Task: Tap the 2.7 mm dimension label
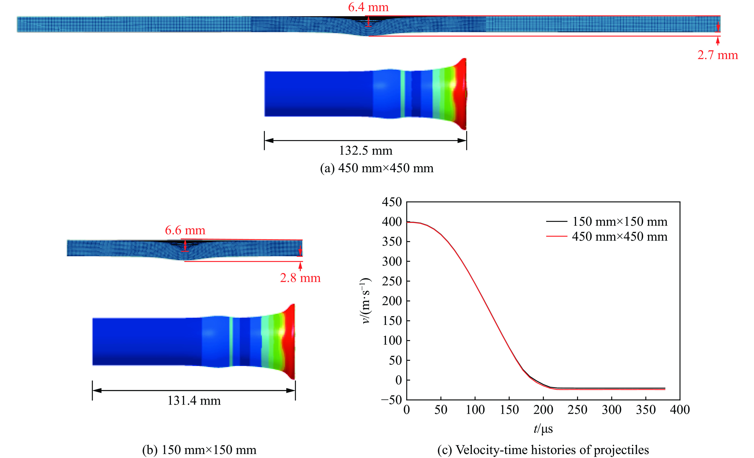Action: point(717,55)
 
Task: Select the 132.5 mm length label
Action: point(365,151)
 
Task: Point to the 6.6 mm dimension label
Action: point(185,230)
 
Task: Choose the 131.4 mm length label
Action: point(194,401)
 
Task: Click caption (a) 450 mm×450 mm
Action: point(377,168)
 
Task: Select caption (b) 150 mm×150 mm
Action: point(199,450)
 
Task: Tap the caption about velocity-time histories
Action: point(543,450)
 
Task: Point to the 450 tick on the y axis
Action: point(392,202)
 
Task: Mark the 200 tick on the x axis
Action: point(543,410)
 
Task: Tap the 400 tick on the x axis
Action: point(680,410)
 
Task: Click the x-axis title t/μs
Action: point(543,429)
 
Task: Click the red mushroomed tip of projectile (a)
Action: point(461,94)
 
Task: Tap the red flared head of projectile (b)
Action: point(289,341)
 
